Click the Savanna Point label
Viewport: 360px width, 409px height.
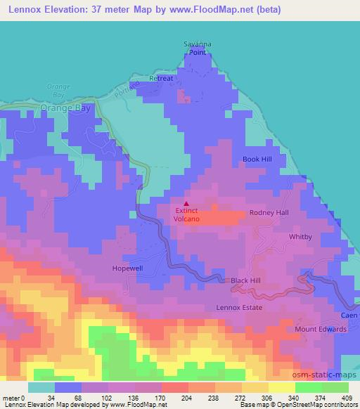coord(197,47)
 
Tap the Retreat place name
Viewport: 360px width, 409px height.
coord(160,79)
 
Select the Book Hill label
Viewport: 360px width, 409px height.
coord(257,160)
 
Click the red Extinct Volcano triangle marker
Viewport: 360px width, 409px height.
coord(186,204)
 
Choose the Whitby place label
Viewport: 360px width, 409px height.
coord(300,237)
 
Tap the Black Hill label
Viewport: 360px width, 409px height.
coord(245,280)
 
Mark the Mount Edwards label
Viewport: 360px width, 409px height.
coord(316,329)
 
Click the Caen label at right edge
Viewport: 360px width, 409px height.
coord(349,316)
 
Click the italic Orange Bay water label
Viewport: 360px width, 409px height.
coord(55,89)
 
